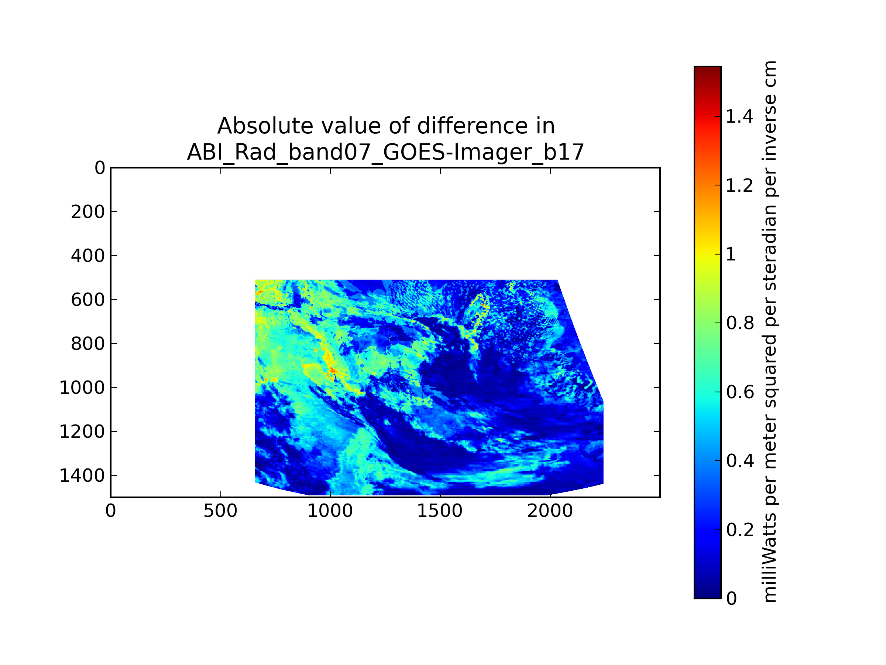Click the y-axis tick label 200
(88, 212)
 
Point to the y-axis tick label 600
(88, 300)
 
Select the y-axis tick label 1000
(82, 388)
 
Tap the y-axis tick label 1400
(82, 475)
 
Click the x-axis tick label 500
(220, 511)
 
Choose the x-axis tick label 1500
(440, 511)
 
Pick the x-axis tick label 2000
(550, 511)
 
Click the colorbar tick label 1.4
(739, 117)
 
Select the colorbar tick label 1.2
(739, 185)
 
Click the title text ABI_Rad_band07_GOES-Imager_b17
(385, 152)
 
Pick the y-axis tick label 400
(88, 256)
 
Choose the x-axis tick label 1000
(330, 511)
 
